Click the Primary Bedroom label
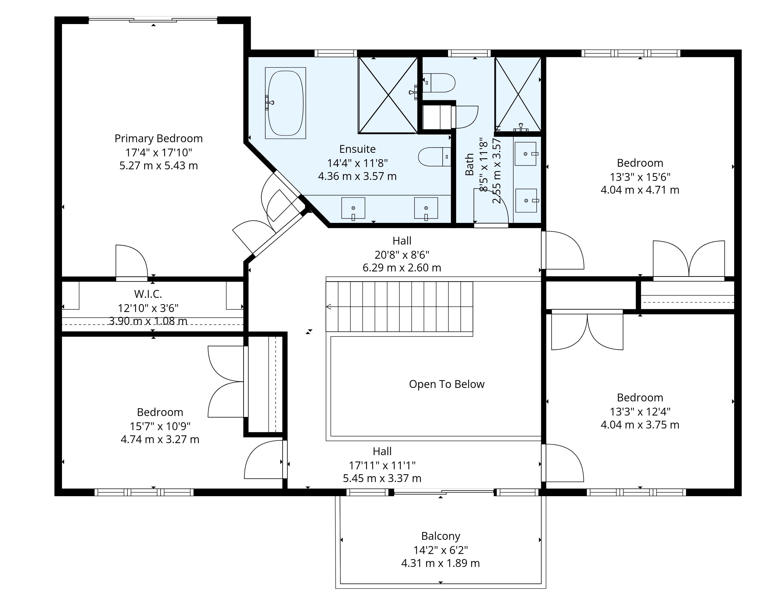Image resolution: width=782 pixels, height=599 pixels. (x=159, y=138)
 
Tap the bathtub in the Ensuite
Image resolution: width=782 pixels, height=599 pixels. (x=285, y=103)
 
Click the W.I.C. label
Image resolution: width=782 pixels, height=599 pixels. (x=148, y=294)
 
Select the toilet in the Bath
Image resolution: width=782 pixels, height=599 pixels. (x=439, y=83)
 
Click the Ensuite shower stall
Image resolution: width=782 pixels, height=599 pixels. (x=388, y=95)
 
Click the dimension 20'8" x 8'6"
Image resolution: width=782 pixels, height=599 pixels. (x=402, y=255)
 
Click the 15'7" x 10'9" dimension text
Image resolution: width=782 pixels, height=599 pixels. (x=160, y=426)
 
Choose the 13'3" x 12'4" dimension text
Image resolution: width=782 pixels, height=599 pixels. (x=640, y=412)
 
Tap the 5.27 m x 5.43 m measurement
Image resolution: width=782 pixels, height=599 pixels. (x=159, y=166)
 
